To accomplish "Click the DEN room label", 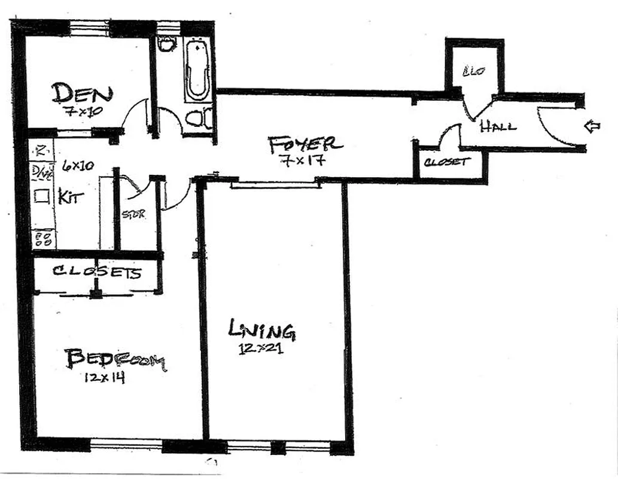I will coord(82,94).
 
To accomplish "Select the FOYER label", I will coord(305,145).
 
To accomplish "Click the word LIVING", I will coord(261,329).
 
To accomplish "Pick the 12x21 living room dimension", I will coord(260,347).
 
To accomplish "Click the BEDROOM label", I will coord(115,360).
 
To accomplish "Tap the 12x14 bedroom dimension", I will coord(105,378).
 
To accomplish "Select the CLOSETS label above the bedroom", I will coord(97,272).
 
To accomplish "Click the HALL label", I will coord(498,127).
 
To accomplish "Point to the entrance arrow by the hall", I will coord(592,126).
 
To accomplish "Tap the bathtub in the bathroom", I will coord(196,71).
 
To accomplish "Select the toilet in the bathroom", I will coord(198,119).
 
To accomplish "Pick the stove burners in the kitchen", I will coord(43,239).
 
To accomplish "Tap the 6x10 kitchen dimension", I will coord(77,166).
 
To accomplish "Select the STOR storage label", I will coord(133,214).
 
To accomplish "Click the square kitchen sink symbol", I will coord(41,196).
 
